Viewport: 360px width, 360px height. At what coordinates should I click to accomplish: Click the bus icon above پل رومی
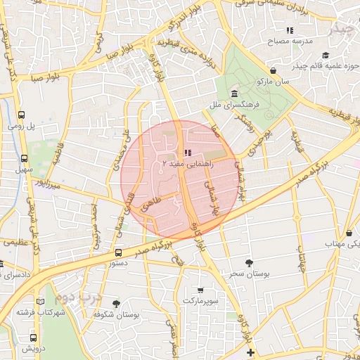[x=22, y=115]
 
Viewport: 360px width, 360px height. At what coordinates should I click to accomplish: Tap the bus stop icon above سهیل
[x=25, y=159]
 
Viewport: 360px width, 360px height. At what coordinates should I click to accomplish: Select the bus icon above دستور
[x=117, y=252]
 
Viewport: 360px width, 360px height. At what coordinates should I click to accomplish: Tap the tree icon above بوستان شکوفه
[x=116, y=304]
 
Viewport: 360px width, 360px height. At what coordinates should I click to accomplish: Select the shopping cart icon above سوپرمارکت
[x=200, y=290]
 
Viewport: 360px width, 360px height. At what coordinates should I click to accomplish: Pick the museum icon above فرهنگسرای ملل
[x=234, y=94]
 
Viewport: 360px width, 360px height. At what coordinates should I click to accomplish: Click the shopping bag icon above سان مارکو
[x=273, y=71]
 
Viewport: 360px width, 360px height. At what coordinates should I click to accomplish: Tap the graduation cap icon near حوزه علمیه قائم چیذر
[x=325, y=55]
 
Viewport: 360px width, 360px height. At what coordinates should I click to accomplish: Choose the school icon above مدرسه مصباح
[x=289, y=30]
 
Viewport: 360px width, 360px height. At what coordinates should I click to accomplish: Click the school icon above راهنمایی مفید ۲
[x=186, y=153]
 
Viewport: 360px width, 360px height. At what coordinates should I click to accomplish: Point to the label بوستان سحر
[x=245, y=273]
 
